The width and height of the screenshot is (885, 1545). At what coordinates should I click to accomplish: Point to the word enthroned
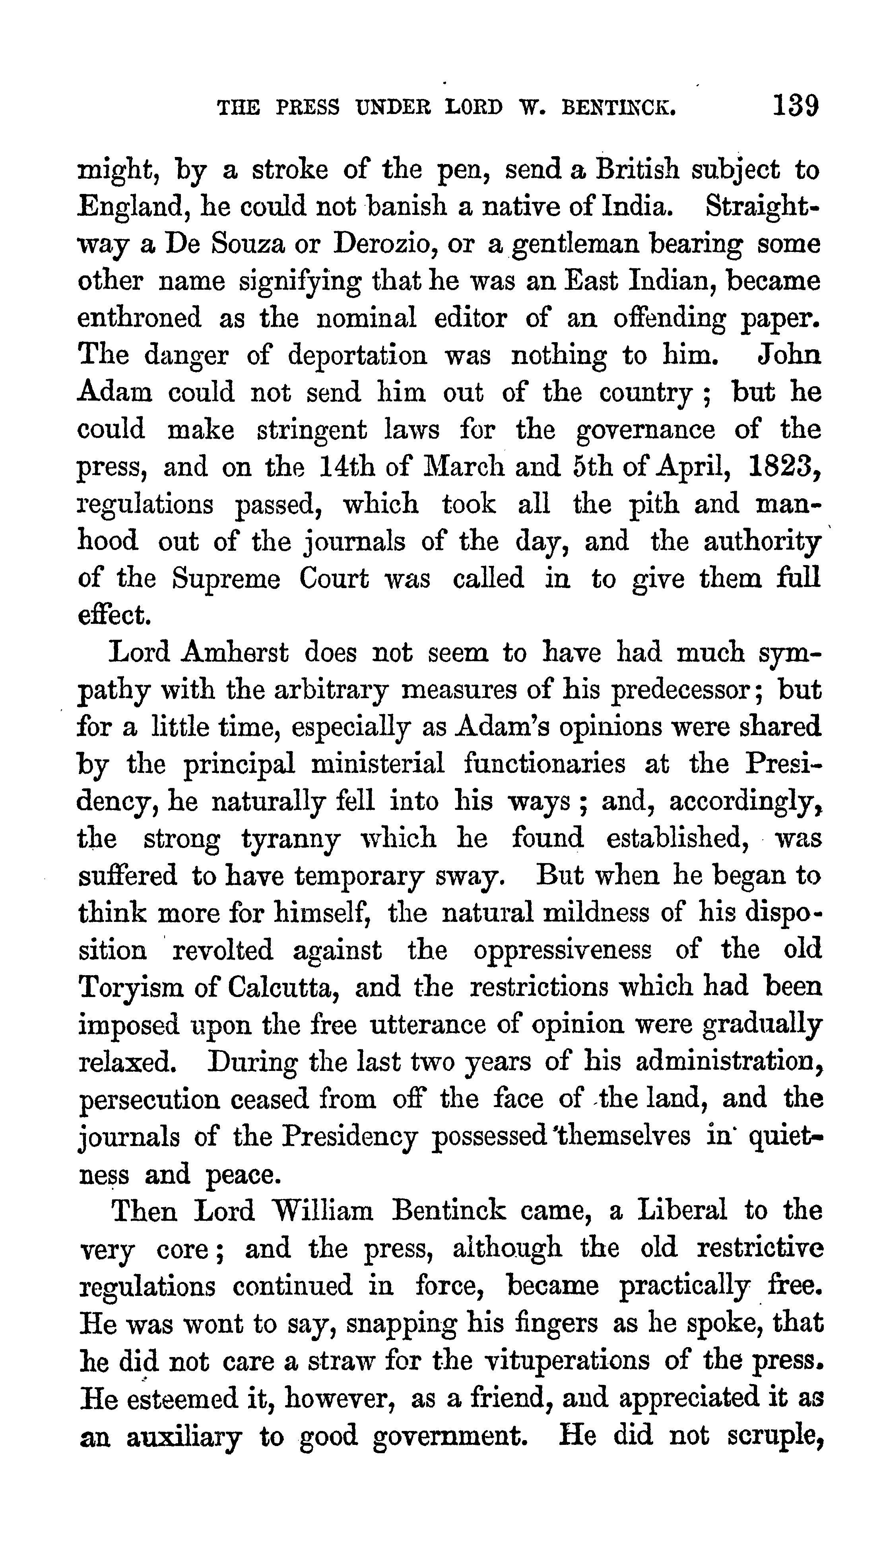pyautogui.click(x=139, y=318)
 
